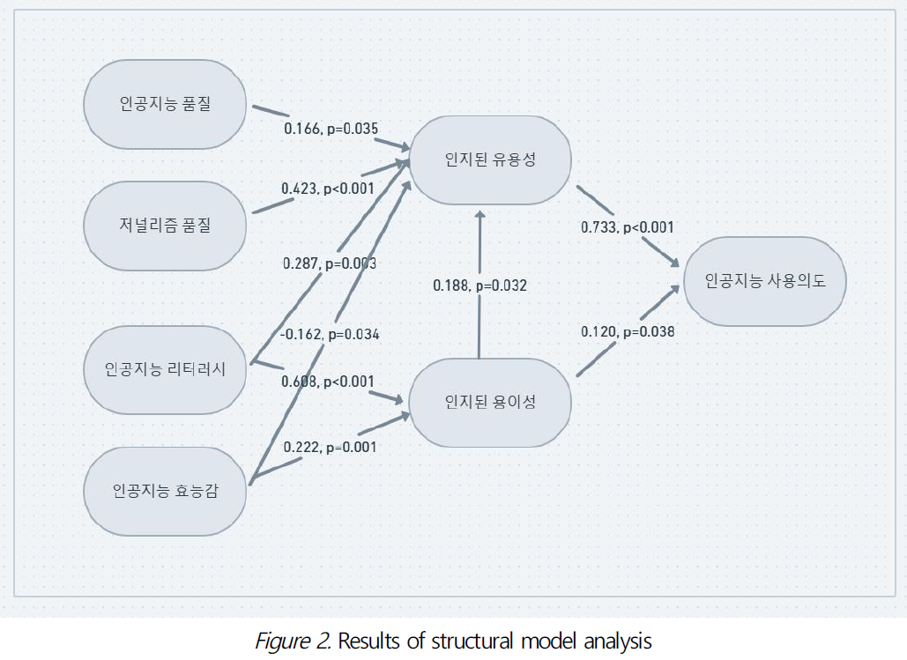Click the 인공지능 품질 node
[x=165, y=104]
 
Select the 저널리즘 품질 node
[x=165, y=226]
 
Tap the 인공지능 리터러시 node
[x=165, y=369]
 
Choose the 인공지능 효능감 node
[x=165, y=491]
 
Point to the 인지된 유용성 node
[x=490, y=159]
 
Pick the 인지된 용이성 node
[x=490, y=403]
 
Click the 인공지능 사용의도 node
[x=764, y=281]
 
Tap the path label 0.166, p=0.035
[x=331, y=129]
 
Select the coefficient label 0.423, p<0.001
[x=328, y=188]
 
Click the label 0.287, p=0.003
[x=330, y=263]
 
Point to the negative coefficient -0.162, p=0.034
[x=330, y=334]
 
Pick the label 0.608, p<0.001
[x=328, y=382]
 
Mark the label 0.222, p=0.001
[x=330, y=447]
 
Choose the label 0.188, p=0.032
[x=480, y=286]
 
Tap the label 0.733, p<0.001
[x=627, y=227]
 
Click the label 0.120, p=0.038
[x=627, y=332]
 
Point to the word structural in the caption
[x=473, y=641]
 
